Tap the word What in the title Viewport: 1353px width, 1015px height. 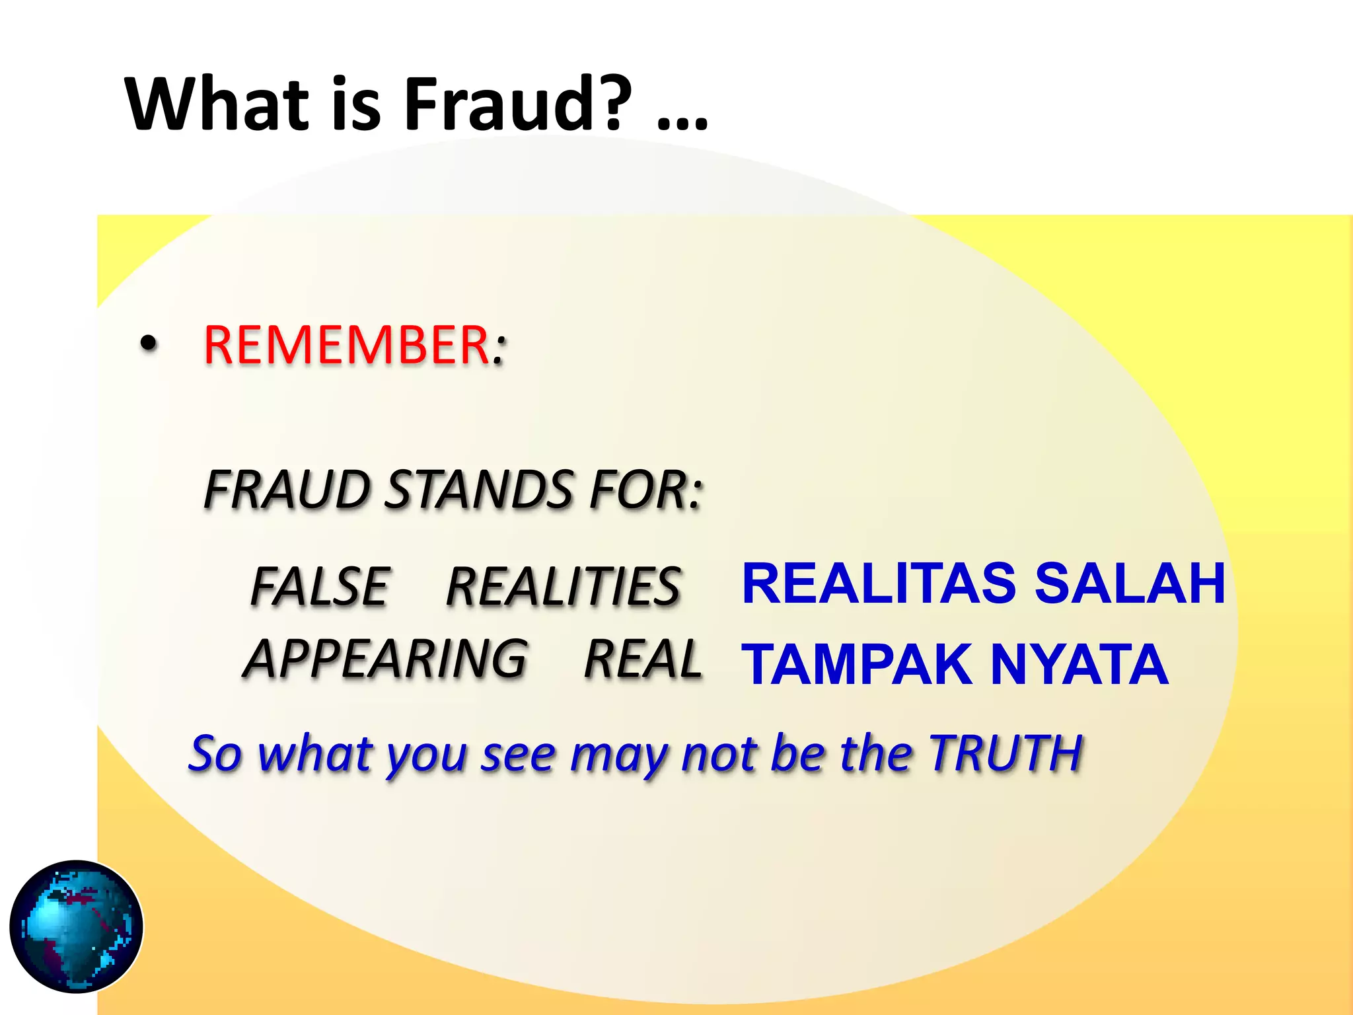tap(217, 104)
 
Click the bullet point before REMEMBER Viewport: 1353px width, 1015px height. tap(149, 344)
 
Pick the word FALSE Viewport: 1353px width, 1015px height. tap(320, 586)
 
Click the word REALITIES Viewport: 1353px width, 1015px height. tap(564, 586)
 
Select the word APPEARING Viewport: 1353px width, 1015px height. tap(386, 659)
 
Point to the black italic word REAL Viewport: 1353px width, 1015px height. tap(643, 659)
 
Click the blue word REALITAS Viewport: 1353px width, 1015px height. tap(879, 583)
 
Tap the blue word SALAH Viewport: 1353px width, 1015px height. tap(1130, 583)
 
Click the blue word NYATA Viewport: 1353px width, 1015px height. tap(1079, 665)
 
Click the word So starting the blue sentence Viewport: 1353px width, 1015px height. tap(215, 753)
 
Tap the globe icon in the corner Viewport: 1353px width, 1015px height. tap(77, 926)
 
